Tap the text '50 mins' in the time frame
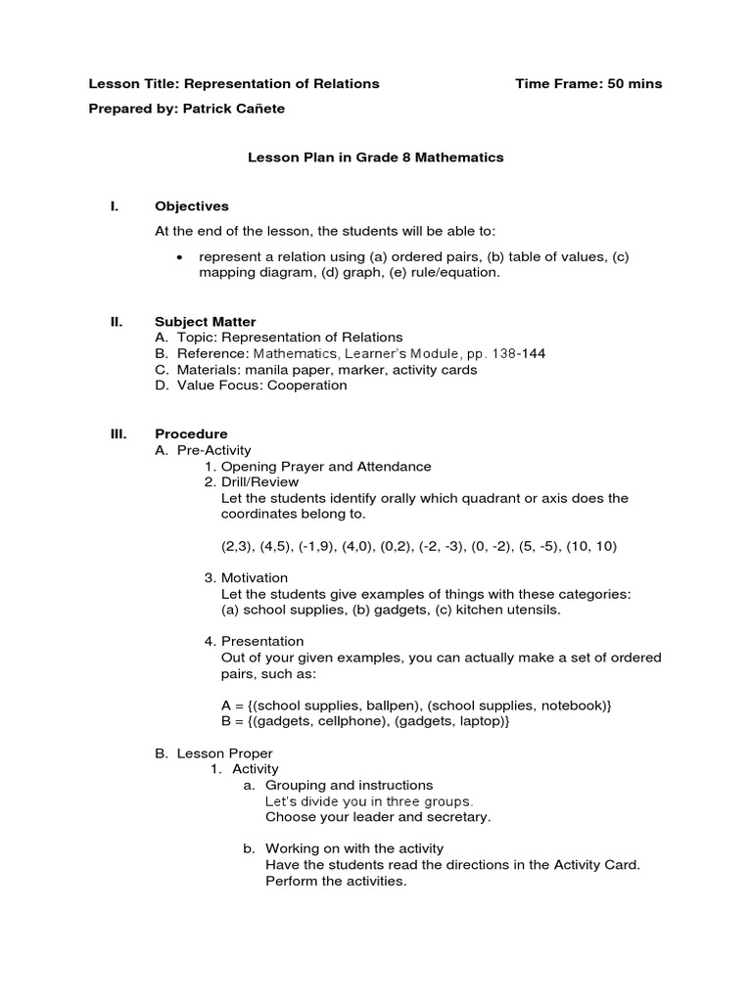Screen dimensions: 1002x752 [x=634, y=84]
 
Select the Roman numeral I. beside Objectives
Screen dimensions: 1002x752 [x=114, y=206]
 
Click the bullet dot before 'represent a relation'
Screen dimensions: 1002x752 [x=179, y=257]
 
